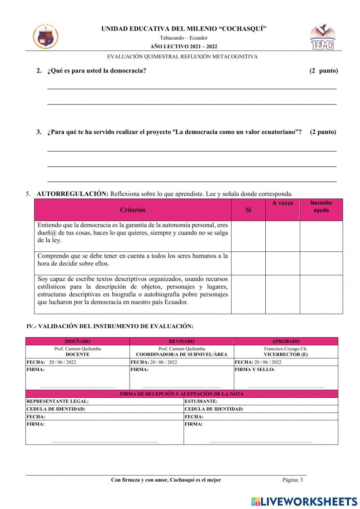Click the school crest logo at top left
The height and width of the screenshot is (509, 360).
click(x=46, y=36)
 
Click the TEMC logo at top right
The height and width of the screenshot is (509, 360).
click(x=323, y=37)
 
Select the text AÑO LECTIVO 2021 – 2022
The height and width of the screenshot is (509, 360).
click(x=184, y=46)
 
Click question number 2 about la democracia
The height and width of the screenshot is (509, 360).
click(x=96, y=71)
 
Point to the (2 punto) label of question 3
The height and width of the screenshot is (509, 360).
click(x=323, y=132)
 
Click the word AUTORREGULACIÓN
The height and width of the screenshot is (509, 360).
click(x=72, y=194)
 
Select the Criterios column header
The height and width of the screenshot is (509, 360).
click(x=132, y=210)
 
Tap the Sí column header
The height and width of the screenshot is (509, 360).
click(x=248, y=210)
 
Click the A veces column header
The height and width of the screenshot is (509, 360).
click(x=282, y=203)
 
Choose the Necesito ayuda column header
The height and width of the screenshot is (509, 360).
click(x=321, y=206)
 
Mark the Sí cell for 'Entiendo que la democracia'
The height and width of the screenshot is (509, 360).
click(x=248, y=236)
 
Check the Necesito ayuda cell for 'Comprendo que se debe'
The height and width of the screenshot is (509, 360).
click(x=321, y=263)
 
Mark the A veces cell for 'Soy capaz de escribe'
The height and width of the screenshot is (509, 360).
click(x=282, y=294)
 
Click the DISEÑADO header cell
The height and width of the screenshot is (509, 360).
click(x=77, y=341)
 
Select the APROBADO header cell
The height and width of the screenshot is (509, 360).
click(x=285, y=341)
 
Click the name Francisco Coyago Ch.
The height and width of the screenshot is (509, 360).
click(x=285, y=349)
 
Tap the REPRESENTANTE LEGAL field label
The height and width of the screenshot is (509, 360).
click(x=58, y=401)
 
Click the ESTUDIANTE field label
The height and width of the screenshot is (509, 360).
click(x=201, y=401)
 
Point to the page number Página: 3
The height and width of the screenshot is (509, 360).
click(x=292, y=480)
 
